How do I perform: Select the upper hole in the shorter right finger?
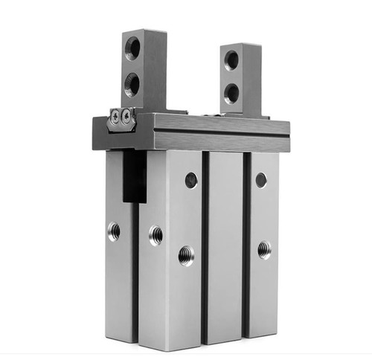pyautogui.click(x=232, y=60)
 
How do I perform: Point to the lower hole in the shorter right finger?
pyautogui.click(x=231, y=93)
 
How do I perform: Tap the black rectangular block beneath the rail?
pyautogui.click(x=135, y=176)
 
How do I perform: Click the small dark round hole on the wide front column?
pyautogui.click(x=191, y=179)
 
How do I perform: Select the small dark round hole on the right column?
pyautogui.click(x=261, y=179)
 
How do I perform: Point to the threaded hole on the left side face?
pyautogui.click(x=114, y=232)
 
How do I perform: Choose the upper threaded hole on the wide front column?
pyautogui.click(x=156, y=236)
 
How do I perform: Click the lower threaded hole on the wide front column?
pyautogui.click(x=186, y=256)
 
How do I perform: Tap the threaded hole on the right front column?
pyautogui.click(x=264, y=249)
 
